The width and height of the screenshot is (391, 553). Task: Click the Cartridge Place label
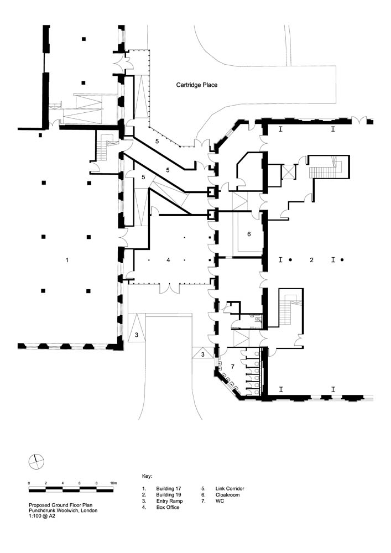point(197,85)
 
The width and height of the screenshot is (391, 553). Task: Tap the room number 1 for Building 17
point(67,260)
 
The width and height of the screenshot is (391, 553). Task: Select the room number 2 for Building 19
point(311,260)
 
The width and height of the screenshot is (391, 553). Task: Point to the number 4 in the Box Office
point(168,260)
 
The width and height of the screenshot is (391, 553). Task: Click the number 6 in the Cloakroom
point(249,234)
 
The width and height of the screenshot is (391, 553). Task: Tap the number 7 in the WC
point(233,367)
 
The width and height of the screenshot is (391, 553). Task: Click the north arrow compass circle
point(37,462)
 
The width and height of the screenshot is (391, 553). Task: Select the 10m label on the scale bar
point(113,483)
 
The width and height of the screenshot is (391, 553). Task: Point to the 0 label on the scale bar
point(29,483)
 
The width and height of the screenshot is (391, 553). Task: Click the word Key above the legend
point(147,476)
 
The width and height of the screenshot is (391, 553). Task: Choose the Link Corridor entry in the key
point(230,488)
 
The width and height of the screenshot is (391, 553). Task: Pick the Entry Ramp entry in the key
point(170,501)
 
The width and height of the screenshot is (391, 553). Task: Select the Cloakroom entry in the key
point(227,495)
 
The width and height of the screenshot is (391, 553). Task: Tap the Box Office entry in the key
point(168,507)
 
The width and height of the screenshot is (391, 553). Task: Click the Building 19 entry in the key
point(169,495)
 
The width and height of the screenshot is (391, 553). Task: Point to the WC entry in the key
point(220,501)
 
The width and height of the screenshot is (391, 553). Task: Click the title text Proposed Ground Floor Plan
point(61,505)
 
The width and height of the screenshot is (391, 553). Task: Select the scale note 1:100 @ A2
point(42,515)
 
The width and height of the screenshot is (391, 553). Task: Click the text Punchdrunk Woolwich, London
point(63,510)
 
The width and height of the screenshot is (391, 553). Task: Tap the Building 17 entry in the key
point(169,488)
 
